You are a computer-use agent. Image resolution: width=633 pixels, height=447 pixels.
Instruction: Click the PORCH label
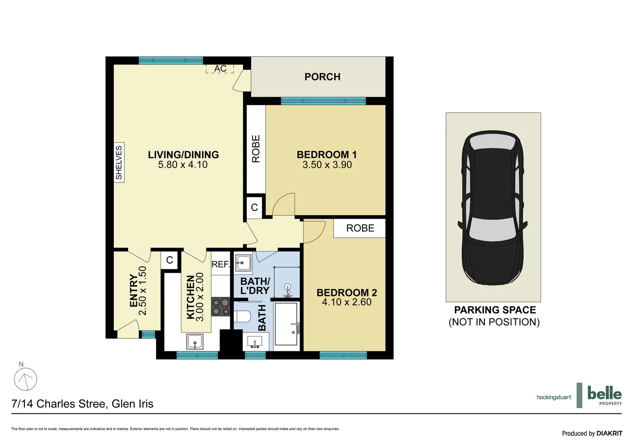pyautogui.click(x=322, y=77)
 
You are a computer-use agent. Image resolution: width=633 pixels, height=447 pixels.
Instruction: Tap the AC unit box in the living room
pyautogui.click(x=220, y=69)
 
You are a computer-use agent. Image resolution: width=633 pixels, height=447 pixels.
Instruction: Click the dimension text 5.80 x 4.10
pyautogui.click(x=183, y=165)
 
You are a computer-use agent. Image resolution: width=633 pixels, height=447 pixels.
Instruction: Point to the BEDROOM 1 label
pyautogui.click(x=326, y=155)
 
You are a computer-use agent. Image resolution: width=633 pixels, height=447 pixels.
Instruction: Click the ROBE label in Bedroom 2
pyautogui.click(x=360, y=228)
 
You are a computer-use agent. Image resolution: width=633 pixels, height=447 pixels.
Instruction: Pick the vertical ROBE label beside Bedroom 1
pyautogui.click(x=256, y=149)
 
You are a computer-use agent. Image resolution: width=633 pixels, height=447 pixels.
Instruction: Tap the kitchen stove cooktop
pyautogui.click(x=220, y=307)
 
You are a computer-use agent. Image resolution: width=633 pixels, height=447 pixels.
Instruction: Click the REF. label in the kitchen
pyautogui.click(x=220, y=264)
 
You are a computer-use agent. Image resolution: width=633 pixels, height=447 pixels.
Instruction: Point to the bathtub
pyautogui.click(x=286, y=324)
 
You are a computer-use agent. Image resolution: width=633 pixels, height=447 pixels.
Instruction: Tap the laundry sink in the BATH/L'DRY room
pyautogui.click(x=243, y=262)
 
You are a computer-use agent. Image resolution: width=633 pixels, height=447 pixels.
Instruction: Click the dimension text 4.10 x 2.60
pyautogui.click(x=346, y=302)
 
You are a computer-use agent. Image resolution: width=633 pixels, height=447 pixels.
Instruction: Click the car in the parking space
pyautogui.click(x=493, y=207)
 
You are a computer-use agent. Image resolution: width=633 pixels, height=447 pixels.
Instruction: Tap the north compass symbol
pyautogui.click(x=26, y=379)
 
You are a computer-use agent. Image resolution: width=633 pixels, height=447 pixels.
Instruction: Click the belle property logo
pyautogui.click(x=604, y=395)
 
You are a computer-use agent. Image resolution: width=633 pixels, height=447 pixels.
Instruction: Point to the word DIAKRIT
pyautogui.click(x=609, y=433)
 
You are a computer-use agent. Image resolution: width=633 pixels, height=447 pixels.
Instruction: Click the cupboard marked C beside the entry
pyautogui.click(x=169, y=260)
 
